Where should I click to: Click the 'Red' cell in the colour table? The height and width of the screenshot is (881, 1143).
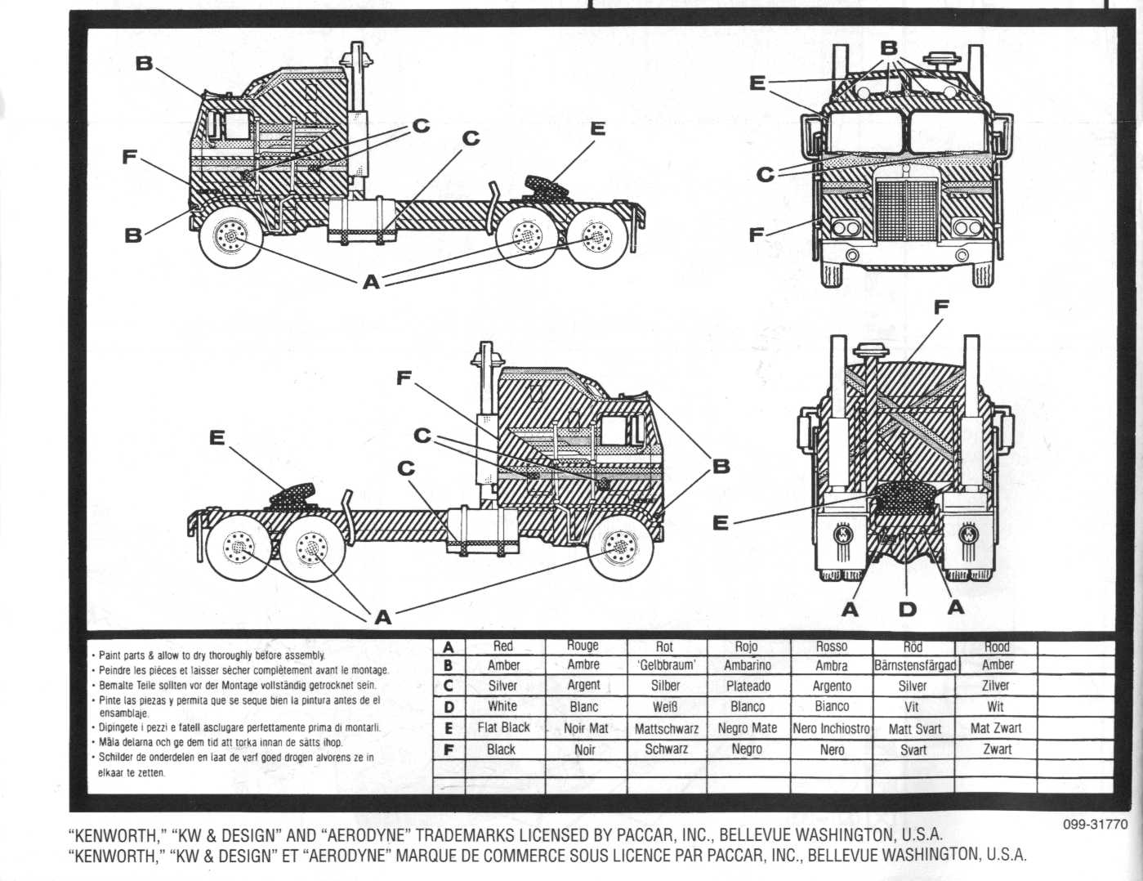(x=503, y=646)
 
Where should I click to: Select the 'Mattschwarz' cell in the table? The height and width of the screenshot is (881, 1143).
(x=666, y=728)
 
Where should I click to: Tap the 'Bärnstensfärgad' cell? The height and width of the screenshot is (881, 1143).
(x=913, y=665)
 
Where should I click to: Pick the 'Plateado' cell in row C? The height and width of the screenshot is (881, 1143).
(x=748, y=686)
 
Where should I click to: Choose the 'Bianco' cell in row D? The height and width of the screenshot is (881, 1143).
(x=832, y=707)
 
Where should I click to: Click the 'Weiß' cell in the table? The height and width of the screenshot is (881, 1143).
(x=665, y=707)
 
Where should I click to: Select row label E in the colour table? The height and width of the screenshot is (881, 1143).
(x=448, y=728)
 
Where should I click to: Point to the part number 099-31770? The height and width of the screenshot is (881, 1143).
(x=1095, y=825)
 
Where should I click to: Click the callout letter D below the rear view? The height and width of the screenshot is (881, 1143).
(x=907, y=609)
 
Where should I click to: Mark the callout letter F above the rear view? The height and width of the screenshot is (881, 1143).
(x=940, y=307)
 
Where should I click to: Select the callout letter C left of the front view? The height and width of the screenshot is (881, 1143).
(x=765, y=174)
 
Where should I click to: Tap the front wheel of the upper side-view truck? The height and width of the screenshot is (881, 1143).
(x=232, y=238)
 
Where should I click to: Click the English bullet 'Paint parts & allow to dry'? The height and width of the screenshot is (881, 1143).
(x=211, y=655)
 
